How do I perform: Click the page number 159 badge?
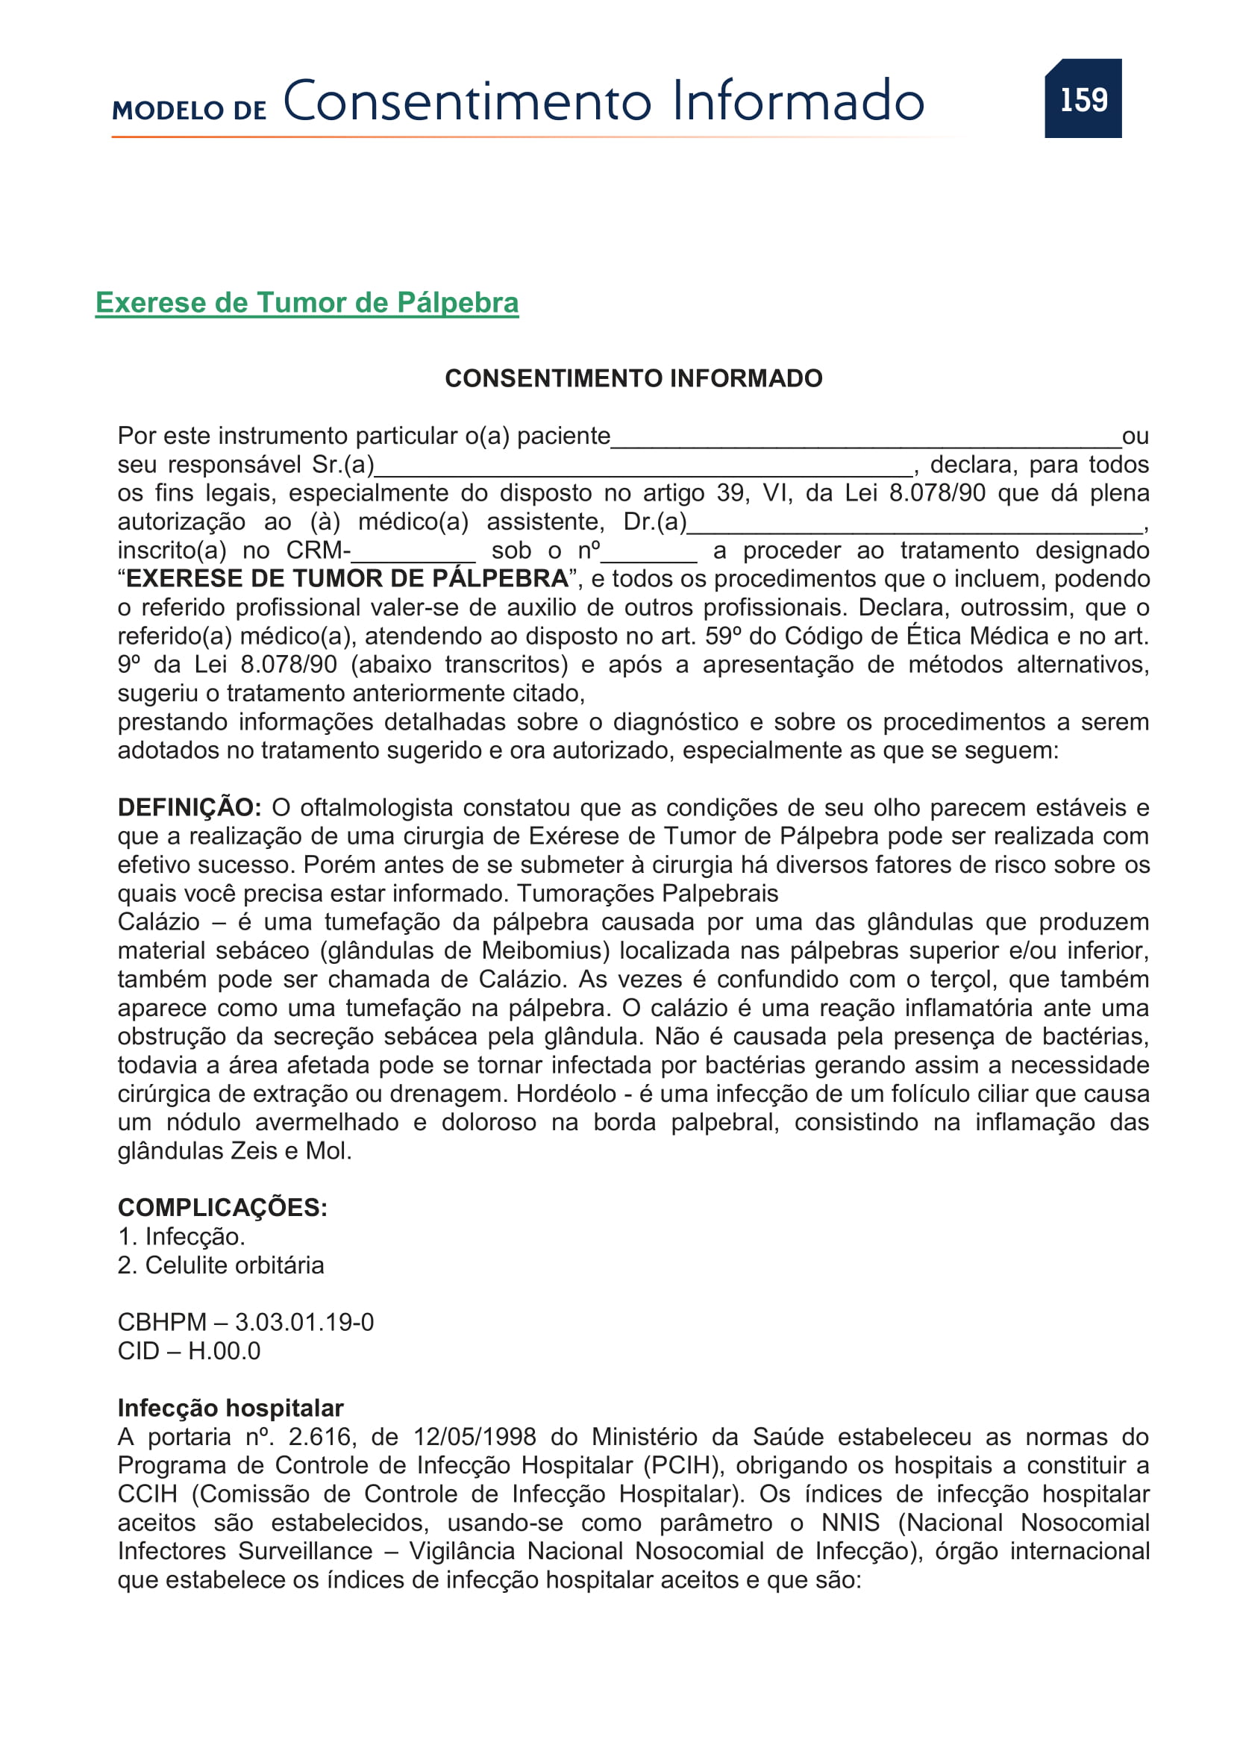point(1083,98)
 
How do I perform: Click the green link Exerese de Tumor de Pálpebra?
point(307,302)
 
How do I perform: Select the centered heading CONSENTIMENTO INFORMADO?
point(633,377)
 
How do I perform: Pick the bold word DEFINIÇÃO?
point(190,807)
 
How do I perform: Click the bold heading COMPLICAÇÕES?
point(222,1208)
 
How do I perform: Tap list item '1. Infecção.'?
point(181,1236)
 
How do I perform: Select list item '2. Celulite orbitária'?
point(220,1265)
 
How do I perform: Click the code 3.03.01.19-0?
point(304,1323)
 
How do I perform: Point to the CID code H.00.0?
point(224,1351)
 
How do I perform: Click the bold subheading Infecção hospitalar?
point(231,1409)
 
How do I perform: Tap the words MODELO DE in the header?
point(190,111)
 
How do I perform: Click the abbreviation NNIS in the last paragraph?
point(851,1523)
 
